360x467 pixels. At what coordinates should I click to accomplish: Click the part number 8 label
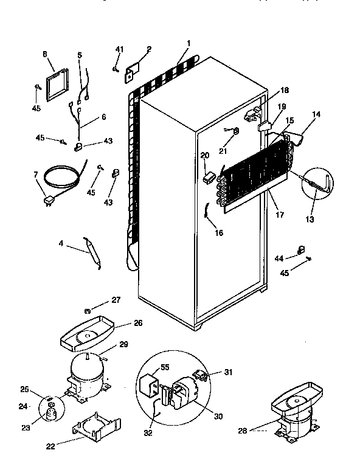pos(44,54)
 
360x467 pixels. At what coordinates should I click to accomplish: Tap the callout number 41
pos(119,49)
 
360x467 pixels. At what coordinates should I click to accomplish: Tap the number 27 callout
pos(116,300)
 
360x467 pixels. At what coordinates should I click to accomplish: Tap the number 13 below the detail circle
pos(310,219)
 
